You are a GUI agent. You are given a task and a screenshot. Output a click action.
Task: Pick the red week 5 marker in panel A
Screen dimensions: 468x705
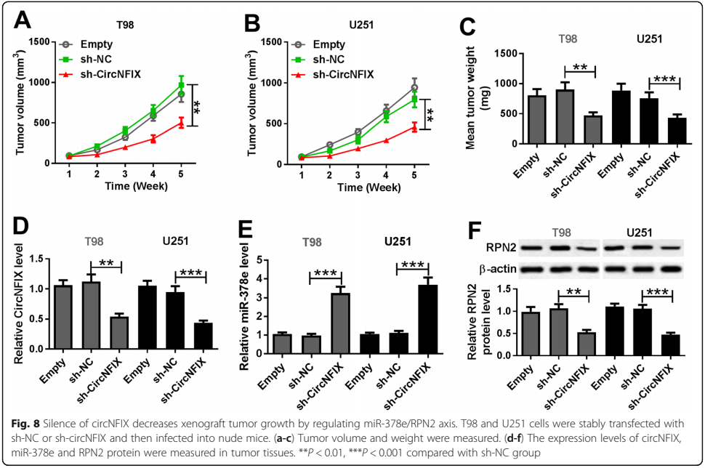[182, 123]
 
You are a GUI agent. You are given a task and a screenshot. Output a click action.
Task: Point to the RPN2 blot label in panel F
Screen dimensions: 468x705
[502, 248]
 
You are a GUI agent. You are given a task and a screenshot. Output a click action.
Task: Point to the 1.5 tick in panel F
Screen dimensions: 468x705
[510, 291]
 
